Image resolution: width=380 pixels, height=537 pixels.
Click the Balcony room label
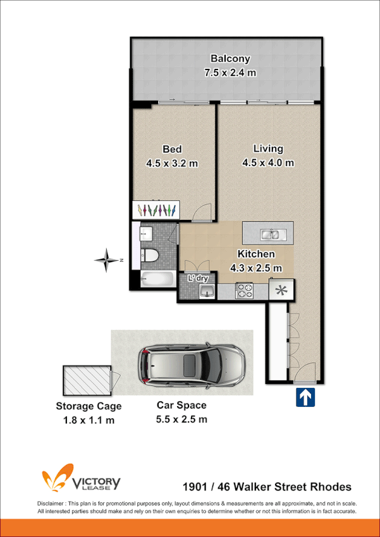coord(231,59)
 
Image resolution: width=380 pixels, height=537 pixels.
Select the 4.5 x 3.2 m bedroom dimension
coord(172,163)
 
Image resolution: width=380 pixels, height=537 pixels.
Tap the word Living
coord(268,149)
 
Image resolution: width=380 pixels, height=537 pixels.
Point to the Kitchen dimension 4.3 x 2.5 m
coord(256,267)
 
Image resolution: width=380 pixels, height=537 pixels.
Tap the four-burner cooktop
coord(244,291)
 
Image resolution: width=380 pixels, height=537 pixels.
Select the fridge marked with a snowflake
coord(281,291)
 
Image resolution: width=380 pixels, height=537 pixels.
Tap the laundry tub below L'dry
coord(206,291)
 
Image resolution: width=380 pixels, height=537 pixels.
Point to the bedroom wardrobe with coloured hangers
coord(156,210)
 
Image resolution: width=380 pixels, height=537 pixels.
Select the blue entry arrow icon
coord(305,397)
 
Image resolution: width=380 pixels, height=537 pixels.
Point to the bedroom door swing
coord(201,214)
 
